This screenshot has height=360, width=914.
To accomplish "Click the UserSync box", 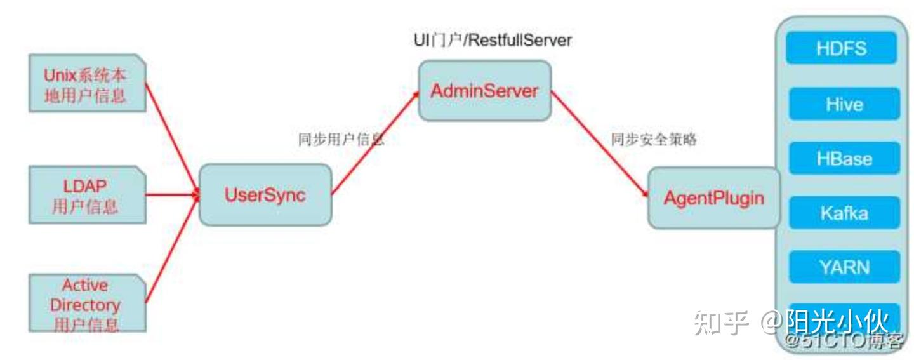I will click(x=265, y=195).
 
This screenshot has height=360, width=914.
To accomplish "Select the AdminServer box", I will click(x=484, y=91).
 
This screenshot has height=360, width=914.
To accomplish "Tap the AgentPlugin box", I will click(x=713, y=198).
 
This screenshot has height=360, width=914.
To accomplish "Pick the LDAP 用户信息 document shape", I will click(x=85, y=195).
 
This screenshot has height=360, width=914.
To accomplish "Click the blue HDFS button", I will click(x=842, y=48).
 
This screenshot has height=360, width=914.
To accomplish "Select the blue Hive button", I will click(x=844, y=103).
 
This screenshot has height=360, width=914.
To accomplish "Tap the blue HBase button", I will click(x=844, y=158).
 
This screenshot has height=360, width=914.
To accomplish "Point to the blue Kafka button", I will click(x=844, y=213).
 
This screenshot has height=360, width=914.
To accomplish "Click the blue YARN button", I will click(x=844, y=267).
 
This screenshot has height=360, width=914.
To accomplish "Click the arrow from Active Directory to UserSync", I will click(x=171, y=254).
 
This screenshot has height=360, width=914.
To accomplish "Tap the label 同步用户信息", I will click(x=341, y=140).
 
